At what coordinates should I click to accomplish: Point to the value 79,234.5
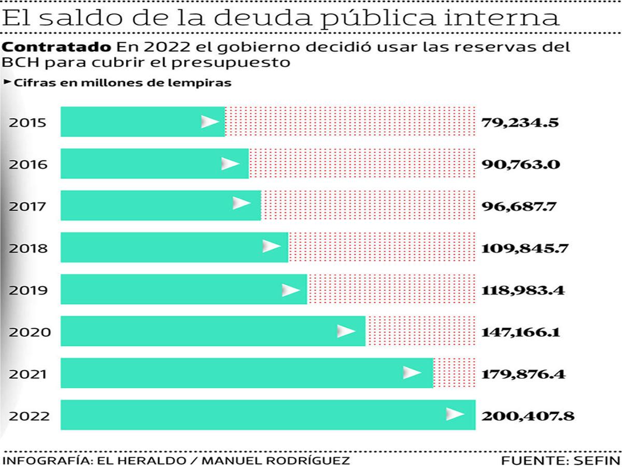(520, 123)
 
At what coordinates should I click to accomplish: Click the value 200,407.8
(528, 416)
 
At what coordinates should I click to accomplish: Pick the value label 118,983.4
(522, 290)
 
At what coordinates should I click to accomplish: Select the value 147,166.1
(520, 332)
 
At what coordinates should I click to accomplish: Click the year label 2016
(28, 165)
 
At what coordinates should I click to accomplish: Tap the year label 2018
(28, 249)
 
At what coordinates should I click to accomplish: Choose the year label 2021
(28, 374)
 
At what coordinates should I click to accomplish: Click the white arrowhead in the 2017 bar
(241, 203)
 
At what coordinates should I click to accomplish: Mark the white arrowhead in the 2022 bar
(455, 414)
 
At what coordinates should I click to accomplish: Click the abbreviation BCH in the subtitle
(19, 63)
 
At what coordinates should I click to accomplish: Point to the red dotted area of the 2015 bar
(350, 122)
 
